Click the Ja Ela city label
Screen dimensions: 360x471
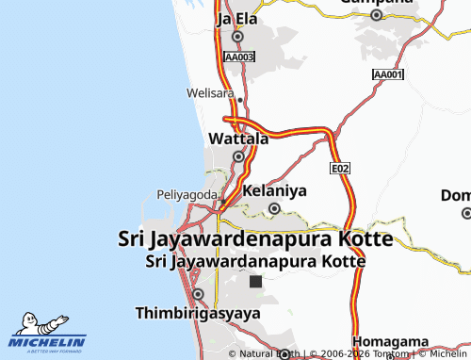237,18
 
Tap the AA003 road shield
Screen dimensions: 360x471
239,57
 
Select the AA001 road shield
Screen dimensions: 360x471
388,74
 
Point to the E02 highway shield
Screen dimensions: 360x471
340,168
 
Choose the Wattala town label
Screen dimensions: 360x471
237,138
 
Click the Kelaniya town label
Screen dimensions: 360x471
275,190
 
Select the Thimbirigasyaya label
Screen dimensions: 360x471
198,312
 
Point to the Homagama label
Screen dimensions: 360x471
391,341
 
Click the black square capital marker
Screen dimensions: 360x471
255,281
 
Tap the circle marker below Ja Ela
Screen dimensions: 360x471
237,37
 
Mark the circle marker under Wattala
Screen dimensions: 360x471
238,156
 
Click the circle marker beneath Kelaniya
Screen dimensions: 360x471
275,208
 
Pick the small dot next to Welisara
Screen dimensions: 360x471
240,99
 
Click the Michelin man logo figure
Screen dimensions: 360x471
39,322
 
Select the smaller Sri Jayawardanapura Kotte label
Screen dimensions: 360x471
255,260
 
